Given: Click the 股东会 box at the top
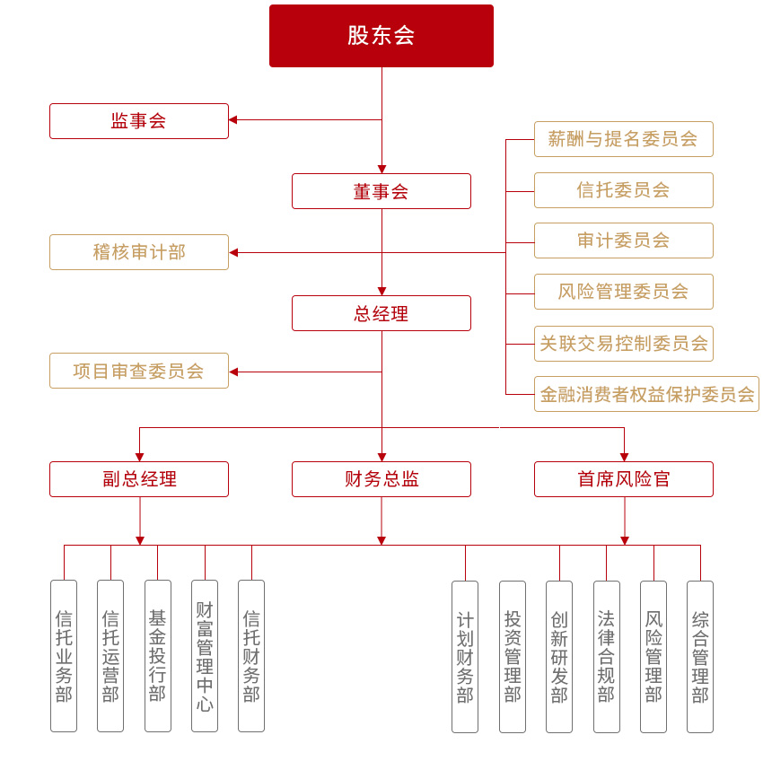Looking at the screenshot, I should [x=381, y=36].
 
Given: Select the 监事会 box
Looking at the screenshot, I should [x=139, y=121].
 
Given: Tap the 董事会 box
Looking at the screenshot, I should [x=381, y=191].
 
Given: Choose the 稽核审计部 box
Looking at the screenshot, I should [x=139, y=252].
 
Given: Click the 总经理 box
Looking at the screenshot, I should [x=381, y=313].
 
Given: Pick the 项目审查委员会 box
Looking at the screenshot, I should [x=139, y=371].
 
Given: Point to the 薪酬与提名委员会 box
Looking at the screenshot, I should [x=624, y=139].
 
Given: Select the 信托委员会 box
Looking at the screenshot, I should [x=624, y=190].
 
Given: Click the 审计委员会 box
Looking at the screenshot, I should [x=624, y=241].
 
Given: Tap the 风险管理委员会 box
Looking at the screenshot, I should [x=624, y=292].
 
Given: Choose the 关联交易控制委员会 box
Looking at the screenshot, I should [x=624, y=344].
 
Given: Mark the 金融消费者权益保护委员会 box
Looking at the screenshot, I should [x=647, y=394].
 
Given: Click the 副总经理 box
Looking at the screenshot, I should [x=139, y=479].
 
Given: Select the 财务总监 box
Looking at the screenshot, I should [x=381, y=479].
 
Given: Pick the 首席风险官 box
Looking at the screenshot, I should [x=624, y=479].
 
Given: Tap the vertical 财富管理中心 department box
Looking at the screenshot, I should [x=205, y=656].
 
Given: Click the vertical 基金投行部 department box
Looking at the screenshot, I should [x=158, y=656].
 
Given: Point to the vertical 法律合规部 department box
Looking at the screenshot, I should [x=607, y=656].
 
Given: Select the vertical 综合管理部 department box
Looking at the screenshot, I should [x=700, y=656].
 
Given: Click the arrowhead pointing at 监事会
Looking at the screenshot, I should [x=233, y=119].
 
